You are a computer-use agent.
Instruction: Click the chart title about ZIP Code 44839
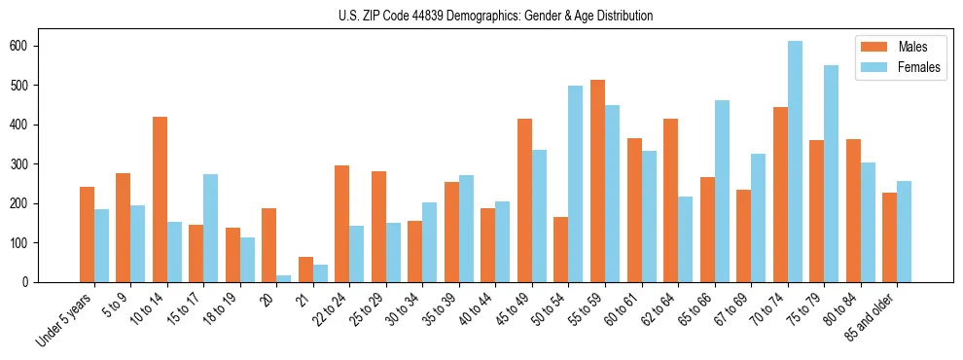(481, 17)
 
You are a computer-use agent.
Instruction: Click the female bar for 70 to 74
(795, 162)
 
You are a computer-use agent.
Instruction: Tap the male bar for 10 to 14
(160, 199)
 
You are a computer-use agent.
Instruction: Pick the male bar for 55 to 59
(597, 181)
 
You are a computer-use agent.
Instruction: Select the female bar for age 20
(284, 278)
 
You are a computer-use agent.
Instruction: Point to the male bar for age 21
(305, 270)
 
